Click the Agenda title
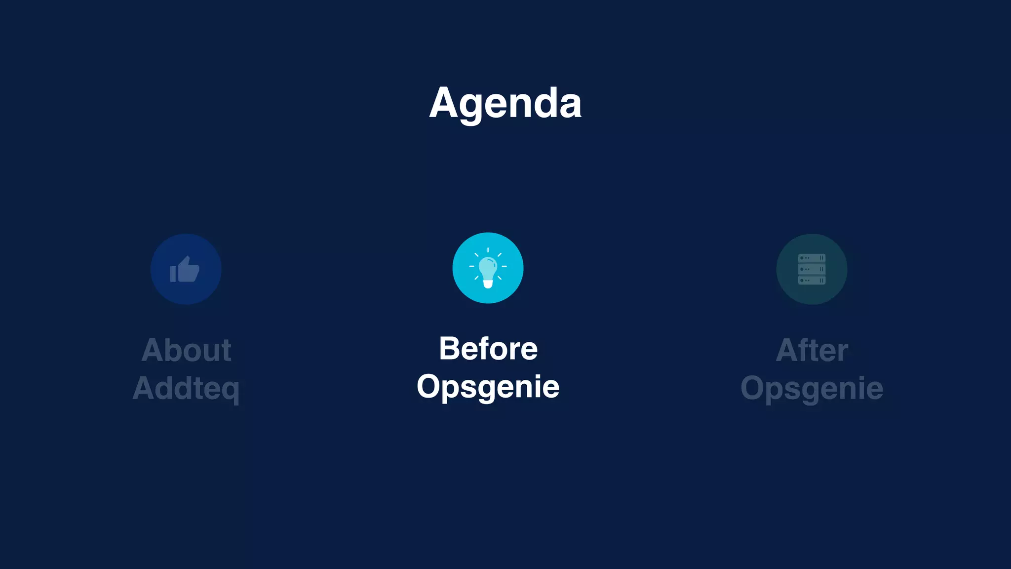505,103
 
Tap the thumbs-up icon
185,270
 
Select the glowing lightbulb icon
488,268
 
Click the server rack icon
812,269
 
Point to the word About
186,350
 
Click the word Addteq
186,388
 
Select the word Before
488,349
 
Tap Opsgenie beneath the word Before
488,387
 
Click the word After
812,350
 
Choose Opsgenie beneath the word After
812,388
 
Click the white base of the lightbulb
488,284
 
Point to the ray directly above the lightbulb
488,250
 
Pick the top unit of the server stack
812,258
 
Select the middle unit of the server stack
812,269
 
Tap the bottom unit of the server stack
812,281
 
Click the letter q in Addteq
231,390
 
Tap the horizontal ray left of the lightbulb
471,266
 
